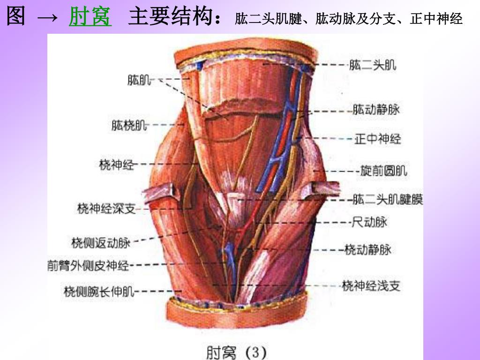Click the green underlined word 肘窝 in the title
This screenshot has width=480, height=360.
[x=90, y=17]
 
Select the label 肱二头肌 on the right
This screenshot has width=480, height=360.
[x=373, y=65]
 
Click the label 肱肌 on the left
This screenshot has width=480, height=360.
[x=139, y=80]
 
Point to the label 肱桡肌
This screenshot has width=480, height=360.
[x=129, y=125]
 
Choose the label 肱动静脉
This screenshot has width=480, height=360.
[x=376, y=110]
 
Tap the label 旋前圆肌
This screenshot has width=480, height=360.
[x=384, y=171]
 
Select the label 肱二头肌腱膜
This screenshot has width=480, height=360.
[x=388, y=200]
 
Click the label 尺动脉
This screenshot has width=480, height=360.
[x=370, y=222]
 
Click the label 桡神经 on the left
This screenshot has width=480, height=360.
[x=117, y=164]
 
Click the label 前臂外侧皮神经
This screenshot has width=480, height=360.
[x=88, y=266]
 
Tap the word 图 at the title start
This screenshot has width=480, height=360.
[x=16, y=17]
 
